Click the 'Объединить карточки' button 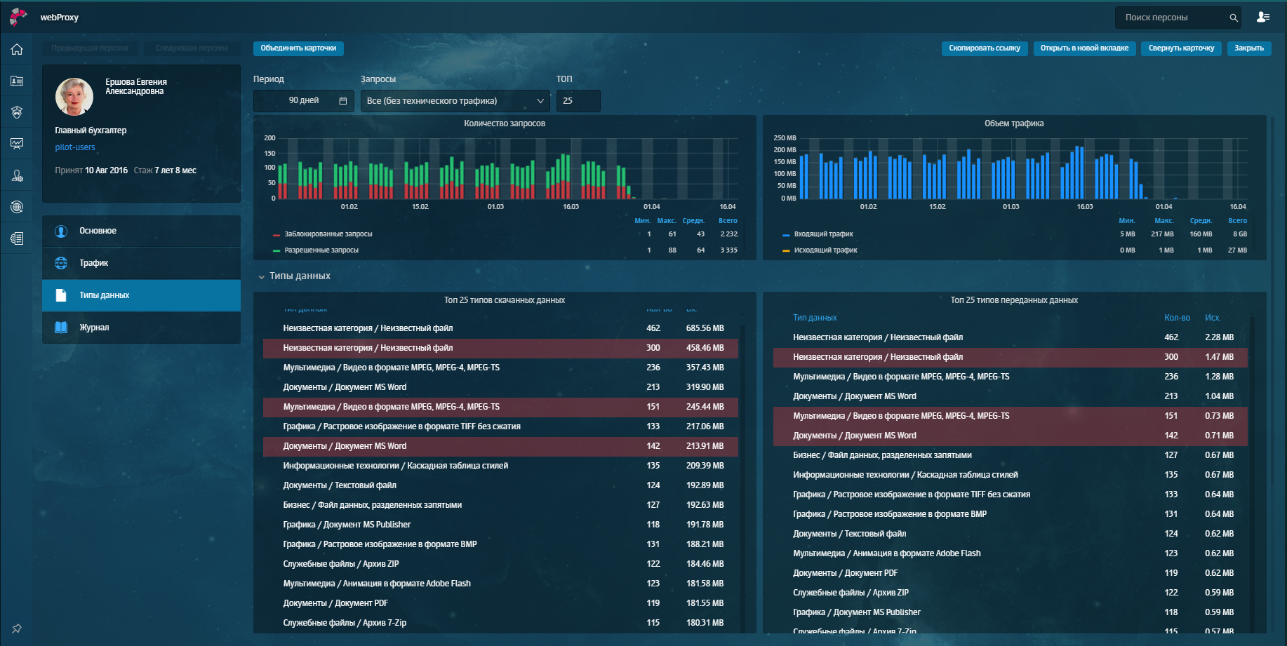pyautogui.click(x=298, y=48)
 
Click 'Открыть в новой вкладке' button pyautogui.click(x=1084, y=48)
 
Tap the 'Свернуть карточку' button pyautogui.click(x=1181, y=48)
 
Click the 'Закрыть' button pyautogui.click(x=1248, y=48)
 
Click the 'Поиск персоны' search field pyautogui.click(x=1172, y=18)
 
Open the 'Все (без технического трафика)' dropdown pyautogui.click(x=455, y=101)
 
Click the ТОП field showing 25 pyautogui.click(x=578, y=101)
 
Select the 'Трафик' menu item pyautogui.click(x=94, y=263)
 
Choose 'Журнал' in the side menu pyautogui.click(x=94, y=328)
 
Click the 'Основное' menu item pyautogui.click(x=98, y=231)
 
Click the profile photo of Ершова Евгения pyautogui.click(x=74, y=97)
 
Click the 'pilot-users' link pyautogui.click(x=75, y=147)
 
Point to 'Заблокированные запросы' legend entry pyautogui.click(x=328, y=234)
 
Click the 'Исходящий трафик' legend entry pyautogui.click(x=825, y=250)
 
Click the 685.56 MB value pyautogui.click(x=705, y=328)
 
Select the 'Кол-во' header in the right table pyautogui.click(x=1177, y=318)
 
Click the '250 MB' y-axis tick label pyautogui.click(x=785, y=138)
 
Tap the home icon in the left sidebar pyautogui.click(x=17, y=50)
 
